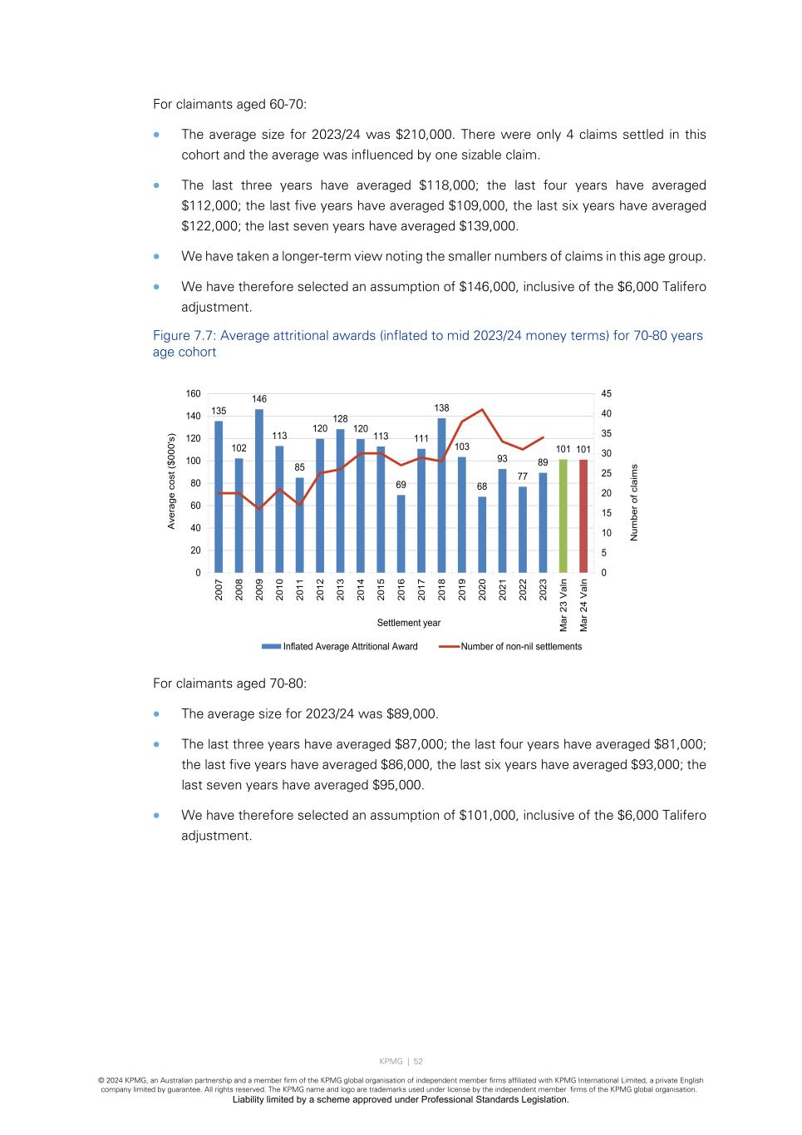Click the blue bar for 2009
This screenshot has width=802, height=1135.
coord(259,491)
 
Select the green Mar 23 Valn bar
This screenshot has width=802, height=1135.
coord(563,516)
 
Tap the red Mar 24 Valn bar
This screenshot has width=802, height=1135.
coord(583,516)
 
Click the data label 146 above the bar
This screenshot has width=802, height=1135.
coord(259,400)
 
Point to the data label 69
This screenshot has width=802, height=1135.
coord(401,485)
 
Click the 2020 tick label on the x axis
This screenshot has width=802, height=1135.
coord(482,589)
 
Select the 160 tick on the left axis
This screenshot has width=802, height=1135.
coord(193,394)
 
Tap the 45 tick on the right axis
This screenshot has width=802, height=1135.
coord(606,394)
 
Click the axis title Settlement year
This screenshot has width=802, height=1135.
coord(409,623)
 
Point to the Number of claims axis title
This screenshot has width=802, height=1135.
coord(634,502)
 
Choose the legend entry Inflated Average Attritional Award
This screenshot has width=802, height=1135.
coord(350,646)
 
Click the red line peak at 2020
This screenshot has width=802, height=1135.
coord(482,410)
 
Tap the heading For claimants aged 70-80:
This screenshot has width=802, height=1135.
coord(229,683)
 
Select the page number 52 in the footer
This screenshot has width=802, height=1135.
coord(418,1061)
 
